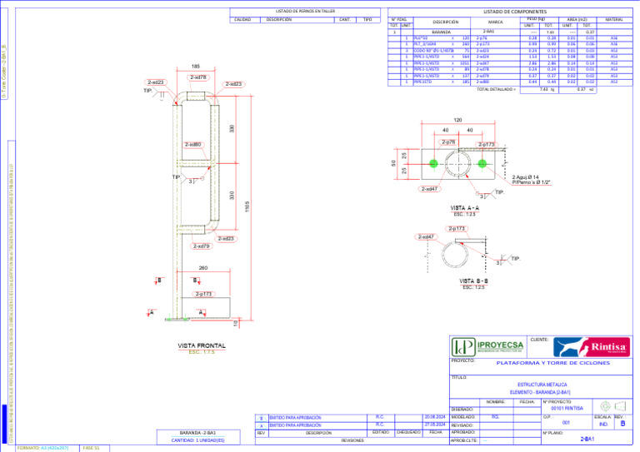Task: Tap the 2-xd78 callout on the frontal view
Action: [x=198, y=77]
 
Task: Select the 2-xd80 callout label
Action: [x=192, y=144]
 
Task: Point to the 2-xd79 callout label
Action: [x=201, y=246]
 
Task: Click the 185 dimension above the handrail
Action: [x=195, y=67]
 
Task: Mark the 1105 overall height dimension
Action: [x=247, y=205]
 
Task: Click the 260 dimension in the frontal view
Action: [x=203, y=268]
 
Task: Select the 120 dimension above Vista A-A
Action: [x=457, y=120]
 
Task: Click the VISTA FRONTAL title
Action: [x=201, y=345]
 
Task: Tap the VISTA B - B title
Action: [x=474, y=281]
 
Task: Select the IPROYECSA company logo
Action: [x=486, y=346]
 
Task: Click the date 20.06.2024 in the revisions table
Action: [x=436, y=416]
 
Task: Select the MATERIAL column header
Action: [x=614, y=19]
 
